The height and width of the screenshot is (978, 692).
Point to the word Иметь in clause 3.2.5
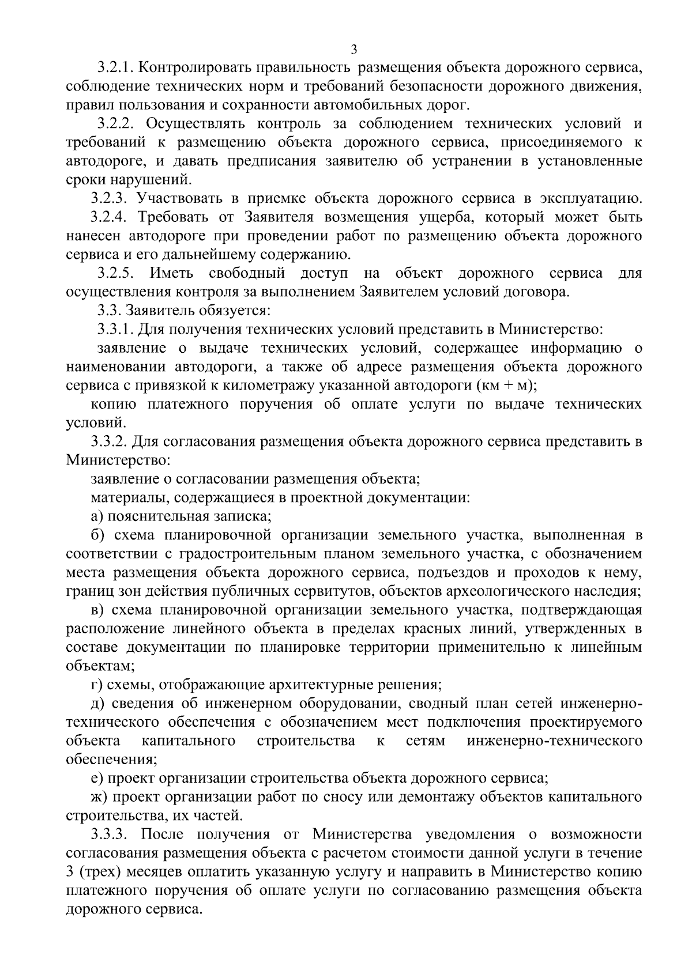(x=171, y=273)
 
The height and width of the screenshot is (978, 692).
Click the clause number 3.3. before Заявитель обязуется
(x=108, y=311)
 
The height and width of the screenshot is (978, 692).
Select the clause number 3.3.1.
(x=115, y=330)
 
